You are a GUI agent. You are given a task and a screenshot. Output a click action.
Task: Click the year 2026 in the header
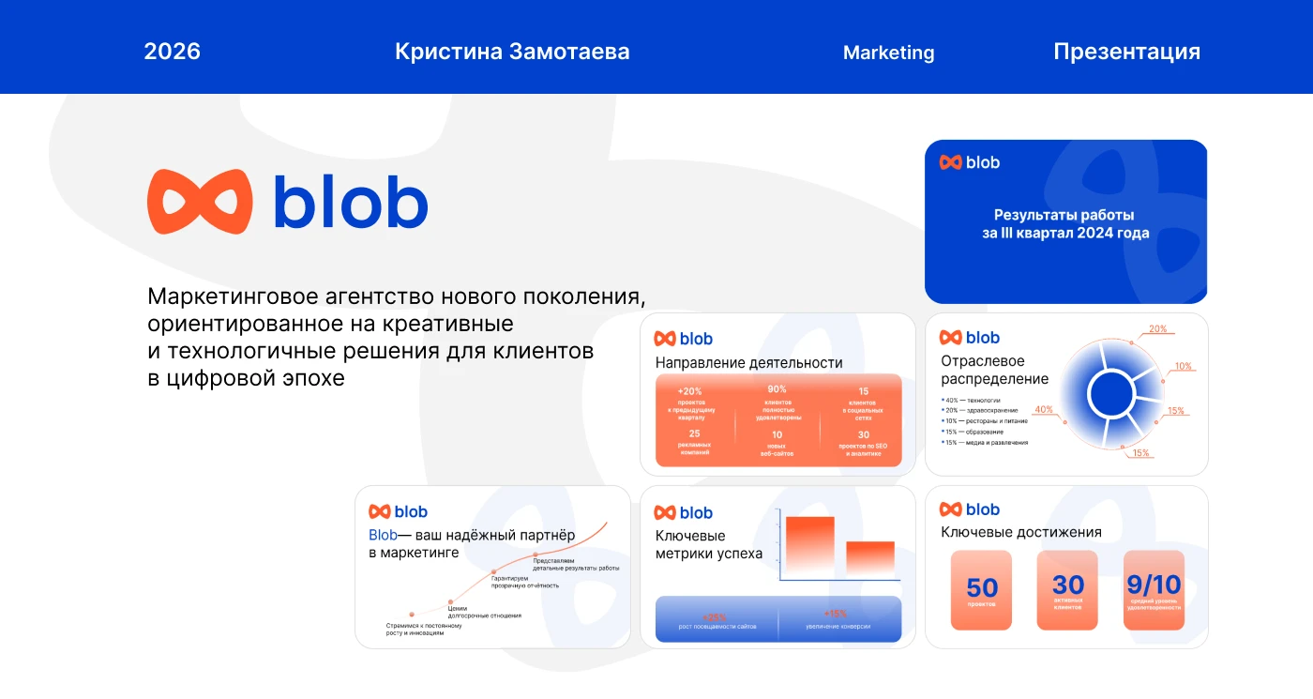[172, 51]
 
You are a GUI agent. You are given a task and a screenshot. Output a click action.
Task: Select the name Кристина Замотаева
[512, 52]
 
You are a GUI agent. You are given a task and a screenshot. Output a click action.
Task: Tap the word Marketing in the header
[888, 53]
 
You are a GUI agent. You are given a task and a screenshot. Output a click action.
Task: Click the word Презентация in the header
[1126, 52]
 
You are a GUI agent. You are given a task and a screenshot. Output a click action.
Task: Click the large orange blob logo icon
[200, 202]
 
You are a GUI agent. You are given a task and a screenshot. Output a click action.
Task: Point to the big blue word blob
[350, 202]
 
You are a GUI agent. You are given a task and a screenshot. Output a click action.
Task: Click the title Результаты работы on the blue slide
[1064, 215]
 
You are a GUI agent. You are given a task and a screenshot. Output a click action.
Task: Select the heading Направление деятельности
[748, 362]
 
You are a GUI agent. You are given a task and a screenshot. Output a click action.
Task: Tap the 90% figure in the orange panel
[777, 389]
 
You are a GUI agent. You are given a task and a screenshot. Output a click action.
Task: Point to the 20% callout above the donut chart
[1158, 329]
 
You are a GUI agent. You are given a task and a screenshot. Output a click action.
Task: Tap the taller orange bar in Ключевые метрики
[809, 545]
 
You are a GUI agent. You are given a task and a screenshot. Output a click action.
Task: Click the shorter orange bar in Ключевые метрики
[869, 557]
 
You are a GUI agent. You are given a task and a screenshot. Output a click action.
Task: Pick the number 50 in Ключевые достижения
[982, 587]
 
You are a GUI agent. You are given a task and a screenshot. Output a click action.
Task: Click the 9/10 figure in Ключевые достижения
[1154, 585]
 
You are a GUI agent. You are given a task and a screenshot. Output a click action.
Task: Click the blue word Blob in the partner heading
[383, 535]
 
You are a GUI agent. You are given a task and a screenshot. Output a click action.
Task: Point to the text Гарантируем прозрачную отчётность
[524, 582]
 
